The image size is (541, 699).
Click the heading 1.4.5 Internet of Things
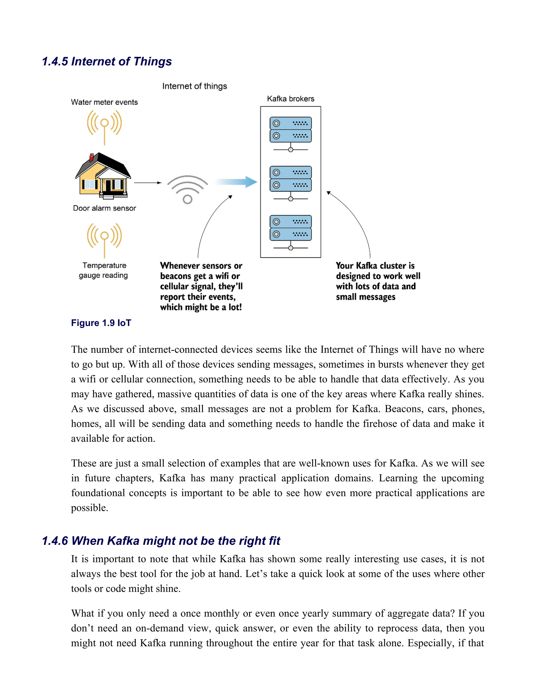pyautogui.click(x=107, y=61)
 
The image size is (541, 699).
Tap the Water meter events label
pyautogui.click(x=104, y=102)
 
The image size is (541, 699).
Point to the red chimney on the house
pyautogui.click(x=92, y=157)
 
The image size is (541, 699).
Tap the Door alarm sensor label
pyautogui.click(x=105, y=208)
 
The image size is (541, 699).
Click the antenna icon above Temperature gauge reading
pyautogui.click(x=104, y=239)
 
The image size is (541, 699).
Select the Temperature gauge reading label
pyautogui.click(x=104, y=270)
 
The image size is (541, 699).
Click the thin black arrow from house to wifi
pyautogui.click(x=148, y=183)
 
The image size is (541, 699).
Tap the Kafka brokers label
pyautogui.click(x=290, y=99)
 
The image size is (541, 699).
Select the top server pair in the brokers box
pyautogui.click(x=290, y=130)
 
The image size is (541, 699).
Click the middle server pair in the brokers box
pyautogui.click(x=290, y=179)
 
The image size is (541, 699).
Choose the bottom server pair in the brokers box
pyautogui.click(x=290, y=228)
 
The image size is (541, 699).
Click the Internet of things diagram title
pyautogui.click(x=194, y=86)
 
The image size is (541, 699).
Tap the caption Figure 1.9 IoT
pyautogui.click(x=101, y=323)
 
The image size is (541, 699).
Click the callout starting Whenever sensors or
pyautogui.click(x=201, y=286)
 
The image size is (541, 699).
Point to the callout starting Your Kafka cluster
pyautogui.click(x=377, y=281)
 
